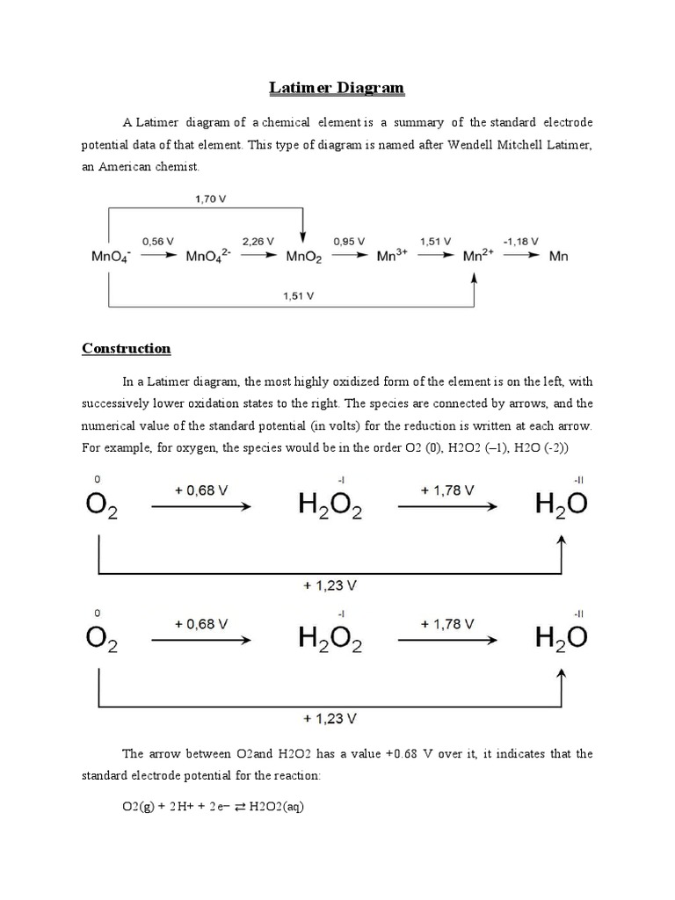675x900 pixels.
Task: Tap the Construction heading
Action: (127, 348)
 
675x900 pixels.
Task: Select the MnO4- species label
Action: (111, 258)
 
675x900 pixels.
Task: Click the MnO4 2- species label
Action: (208, 258)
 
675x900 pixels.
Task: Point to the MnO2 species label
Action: (305, 258)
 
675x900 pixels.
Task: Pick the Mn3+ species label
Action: (392, 258)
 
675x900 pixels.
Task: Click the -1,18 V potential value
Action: (520, 241)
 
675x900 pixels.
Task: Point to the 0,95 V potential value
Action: (350, 241)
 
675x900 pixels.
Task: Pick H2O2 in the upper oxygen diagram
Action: (324, 508)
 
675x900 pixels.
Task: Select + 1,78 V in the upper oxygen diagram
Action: (448, 490)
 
